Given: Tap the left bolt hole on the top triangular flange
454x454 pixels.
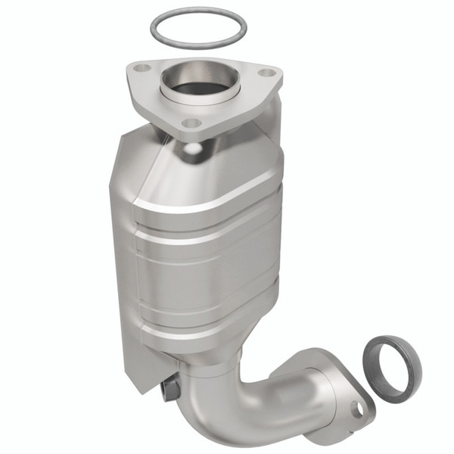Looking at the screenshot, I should click(138, 69).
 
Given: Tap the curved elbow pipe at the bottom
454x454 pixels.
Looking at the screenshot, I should click(242, 409).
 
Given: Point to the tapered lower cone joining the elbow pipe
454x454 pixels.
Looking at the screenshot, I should click(227, 356).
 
